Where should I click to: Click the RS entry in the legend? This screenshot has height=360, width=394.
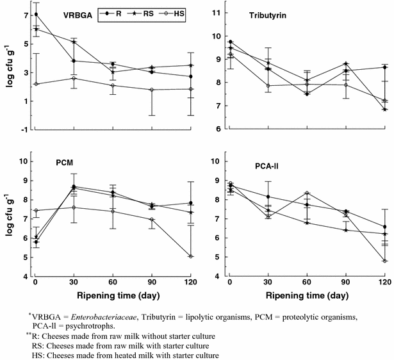tap(147, 14)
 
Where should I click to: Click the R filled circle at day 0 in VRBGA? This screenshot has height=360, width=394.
tap(36, 15)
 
